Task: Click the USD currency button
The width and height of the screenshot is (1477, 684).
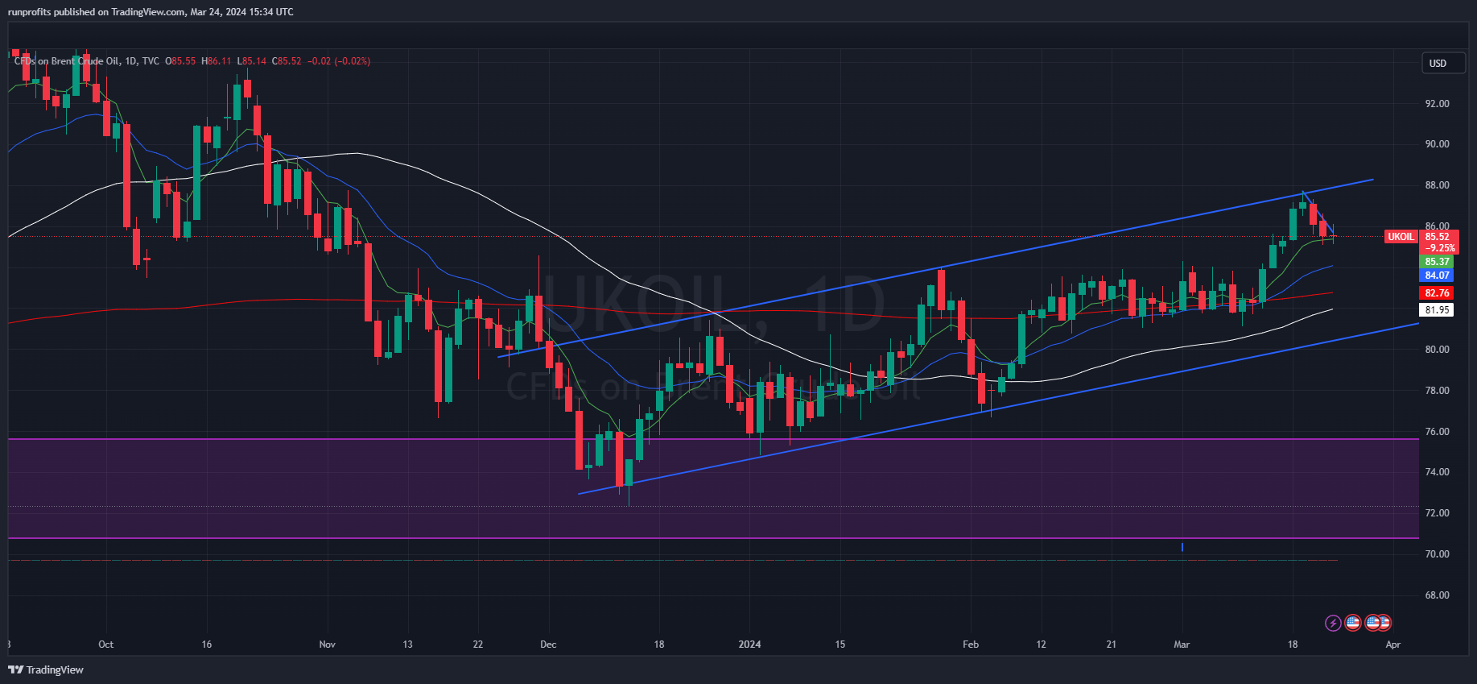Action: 1438,63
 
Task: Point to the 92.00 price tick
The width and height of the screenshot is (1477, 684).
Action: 1437,104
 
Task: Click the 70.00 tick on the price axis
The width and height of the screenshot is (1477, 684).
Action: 1437,554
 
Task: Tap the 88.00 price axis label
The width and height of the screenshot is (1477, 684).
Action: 1437,185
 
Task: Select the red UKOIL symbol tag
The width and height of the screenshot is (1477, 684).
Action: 1401,237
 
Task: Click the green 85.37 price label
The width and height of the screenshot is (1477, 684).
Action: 1437,262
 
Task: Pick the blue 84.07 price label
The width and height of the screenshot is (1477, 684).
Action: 1437,276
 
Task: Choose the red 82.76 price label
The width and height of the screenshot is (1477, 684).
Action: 1437,293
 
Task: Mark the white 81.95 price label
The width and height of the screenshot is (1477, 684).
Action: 1437,310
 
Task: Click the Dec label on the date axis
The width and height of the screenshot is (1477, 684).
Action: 548,645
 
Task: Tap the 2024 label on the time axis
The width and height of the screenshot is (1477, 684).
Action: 749,645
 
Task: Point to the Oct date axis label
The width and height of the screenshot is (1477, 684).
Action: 105,645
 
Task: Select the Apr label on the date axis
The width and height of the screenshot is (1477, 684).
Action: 1393,645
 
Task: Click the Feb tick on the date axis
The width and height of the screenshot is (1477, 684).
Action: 971,645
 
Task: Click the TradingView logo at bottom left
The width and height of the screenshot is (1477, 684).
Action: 46,669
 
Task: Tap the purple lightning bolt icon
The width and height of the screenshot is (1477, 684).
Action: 1333,623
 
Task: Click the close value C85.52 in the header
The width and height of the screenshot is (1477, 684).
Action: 287,61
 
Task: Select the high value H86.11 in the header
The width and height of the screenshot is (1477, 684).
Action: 216,61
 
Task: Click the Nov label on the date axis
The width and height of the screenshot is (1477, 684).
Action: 327,645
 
